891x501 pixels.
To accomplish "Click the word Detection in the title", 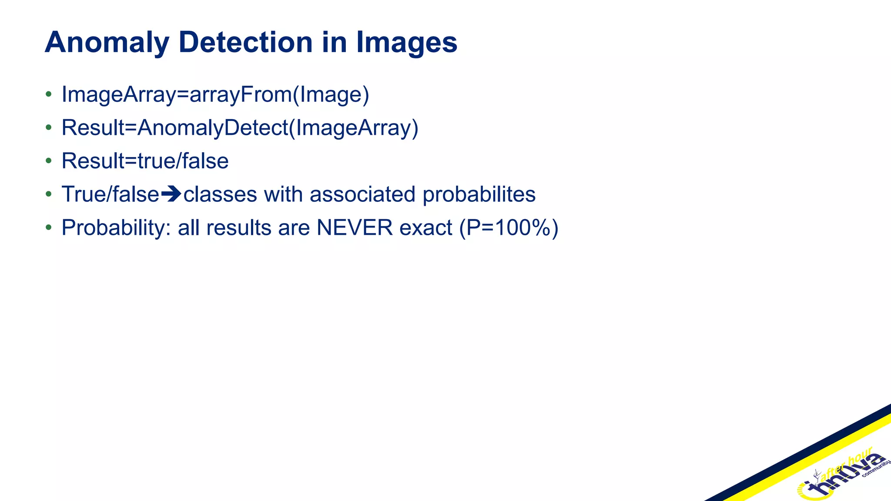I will pos(245,43).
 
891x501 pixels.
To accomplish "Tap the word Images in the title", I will pos(406,43).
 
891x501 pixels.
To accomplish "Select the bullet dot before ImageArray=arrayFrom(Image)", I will pos(49,94).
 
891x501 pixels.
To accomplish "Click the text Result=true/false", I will pos(145,161).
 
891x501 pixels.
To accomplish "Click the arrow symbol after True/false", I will pos(171,194).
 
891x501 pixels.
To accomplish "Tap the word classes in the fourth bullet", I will pos(220,194).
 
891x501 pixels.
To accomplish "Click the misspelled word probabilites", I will pos(479,194).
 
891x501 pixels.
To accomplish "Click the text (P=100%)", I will pos(509,227).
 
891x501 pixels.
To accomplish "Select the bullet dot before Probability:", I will pos(49,227).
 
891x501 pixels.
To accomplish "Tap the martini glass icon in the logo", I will pos(817,477).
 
